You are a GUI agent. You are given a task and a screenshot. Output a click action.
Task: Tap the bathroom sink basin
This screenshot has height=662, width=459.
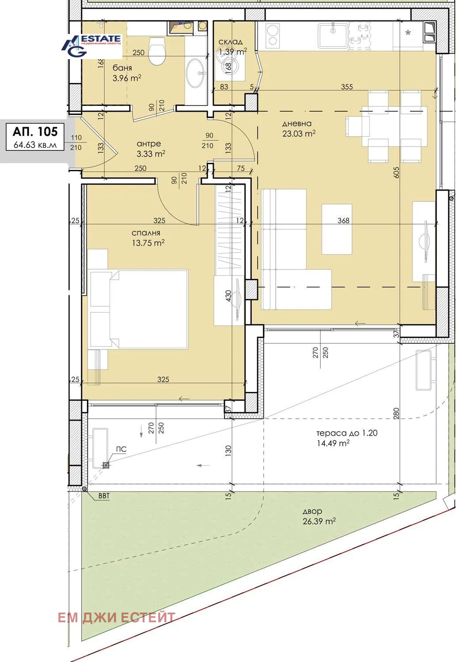pos(196,73)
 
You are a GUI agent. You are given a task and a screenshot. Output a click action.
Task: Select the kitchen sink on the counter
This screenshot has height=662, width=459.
pos(333,36)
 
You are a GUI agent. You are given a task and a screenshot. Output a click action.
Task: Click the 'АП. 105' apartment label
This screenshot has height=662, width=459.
pos(35,131)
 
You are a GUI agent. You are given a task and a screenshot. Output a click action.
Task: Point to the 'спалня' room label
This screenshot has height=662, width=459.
pos(146,233)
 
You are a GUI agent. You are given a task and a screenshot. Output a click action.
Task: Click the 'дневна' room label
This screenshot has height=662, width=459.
pos(297,123)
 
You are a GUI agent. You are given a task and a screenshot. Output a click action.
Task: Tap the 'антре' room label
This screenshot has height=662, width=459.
pos(149,144)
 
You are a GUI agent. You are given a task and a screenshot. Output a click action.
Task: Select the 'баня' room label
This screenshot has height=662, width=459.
pos(122,68)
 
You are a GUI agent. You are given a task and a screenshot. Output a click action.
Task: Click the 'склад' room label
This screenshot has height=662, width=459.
pos(231,42)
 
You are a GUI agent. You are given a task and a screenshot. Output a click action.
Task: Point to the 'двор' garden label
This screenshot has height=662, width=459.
pos(312,511)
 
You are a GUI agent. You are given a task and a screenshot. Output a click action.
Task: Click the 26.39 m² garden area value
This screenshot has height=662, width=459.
pos(319,521)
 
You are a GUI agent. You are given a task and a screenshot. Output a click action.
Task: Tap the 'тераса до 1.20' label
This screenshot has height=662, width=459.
pos(347,433)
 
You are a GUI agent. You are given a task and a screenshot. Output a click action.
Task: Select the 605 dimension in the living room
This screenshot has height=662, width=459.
pos(397,173)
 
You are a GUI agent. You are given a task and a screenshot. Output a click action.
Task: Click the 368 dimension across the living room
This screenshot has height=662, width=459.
pos(343,221)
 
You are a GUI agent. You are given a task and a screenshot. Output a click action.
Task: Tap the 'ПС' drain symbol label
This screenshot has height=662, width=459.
pos(121,449)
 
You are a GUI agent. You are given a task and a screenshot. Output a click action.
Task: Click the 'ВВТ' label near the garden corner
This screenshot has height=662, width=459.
pos(104,496)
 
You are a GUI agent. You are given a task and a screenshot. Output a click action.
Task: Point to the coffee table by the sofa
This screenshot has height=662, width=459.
pos(337,229)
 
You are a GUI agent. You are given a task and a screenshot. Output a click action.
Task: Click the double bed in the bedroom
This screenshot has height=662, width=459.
pos(139,309)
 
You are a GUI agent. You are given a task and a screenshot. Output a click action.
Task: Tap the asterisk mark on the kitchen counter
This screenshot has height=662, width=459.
pos(408,33)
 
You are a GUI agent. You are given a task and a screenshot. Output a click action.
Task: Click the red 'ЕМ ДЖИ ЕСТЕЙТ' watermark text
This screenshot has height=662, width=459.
pos(116,617)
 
